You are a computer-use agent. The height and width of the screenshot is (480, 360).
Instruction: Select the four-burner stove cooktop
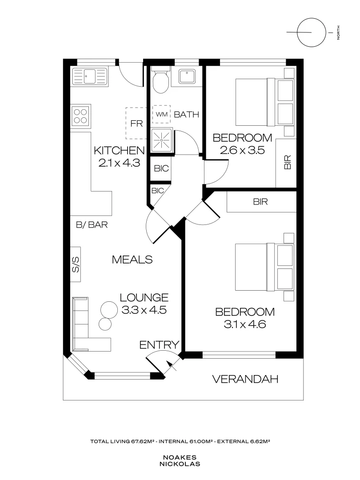[x=80, y=116]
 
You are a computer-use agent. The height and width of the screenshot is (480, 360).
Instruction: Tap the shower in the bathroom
[x=161, y=141]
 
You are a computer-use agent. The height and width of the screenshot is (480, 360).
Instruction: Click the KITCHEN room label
[x=119, y=151]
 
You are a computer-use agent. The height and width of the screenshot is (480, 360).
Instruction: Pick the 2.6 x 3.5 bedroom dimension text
[x=243, y=150]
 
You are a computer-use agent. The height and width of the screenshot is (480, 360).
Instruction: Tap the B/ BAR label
[x=92, y=225]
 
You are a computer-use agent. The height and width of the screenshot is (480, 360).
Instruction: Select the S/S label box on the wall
[x=75, y=264]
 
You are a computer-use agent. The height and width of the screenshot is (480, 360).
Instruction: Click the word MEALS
[x=132, y=259]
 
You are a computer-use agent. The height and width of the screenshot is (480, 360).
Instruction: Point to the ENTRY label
[x=159, y=344]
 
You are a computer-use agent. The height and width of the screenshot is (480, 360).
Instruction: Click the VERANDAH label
[x=245, y=379]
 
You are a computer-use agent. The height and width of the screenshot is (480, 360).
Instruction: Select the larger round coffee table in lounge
[x=108, y=308]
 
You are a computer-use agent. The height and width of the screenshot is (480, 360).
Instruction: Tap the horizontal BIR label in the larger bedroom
[x=260, y=202]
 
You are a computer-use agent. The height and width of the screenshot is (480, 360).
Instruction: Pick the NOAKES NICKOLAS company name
[x=180, y=460]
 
